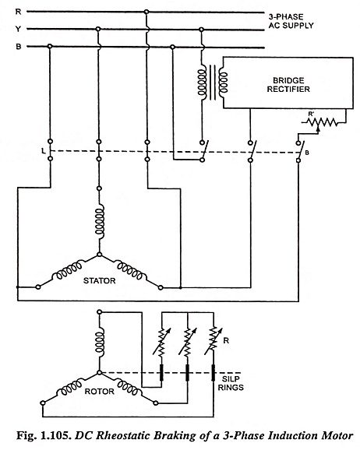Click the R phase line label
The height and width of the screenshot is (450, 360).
(x=19, y=12)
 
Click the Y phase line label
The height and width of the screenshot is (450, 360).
(x=18, y=29)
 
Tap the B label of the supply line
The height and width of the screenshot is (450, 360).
(x=19, y=47)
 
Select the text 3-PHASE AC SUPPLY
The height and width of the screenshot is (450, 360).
(x=291, y=21)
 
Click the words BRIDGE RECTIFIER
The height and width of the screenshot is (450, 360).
(x=288, y=85)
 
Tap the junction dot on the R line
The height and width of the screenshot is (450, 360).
(x=146, y=12)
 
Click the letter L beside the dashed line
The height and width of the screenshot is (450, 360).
(x=44, y=150)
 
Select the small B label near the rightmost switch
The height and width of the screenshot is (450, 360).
(x=307, y=153)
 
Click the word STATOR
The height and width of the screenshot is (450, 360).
(x=100, y=280)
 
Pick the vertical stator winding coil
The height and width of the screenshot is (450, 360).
(x=100, y=221)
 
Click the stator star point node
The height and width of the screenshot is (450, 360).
(x=100, y=255)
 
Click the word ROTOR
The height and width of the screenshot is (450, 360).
(x=100, y=391)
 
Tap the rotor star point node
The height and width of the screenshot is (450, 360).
(x=100, y=372)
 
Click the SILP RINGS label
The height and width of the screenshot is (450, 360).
(x=231, y=383)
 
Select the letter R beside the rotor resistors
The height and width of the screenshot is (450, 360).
(x=226, y=341)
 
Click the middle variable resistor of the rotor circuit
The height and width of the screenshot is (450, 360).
(x=188, y=342)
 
